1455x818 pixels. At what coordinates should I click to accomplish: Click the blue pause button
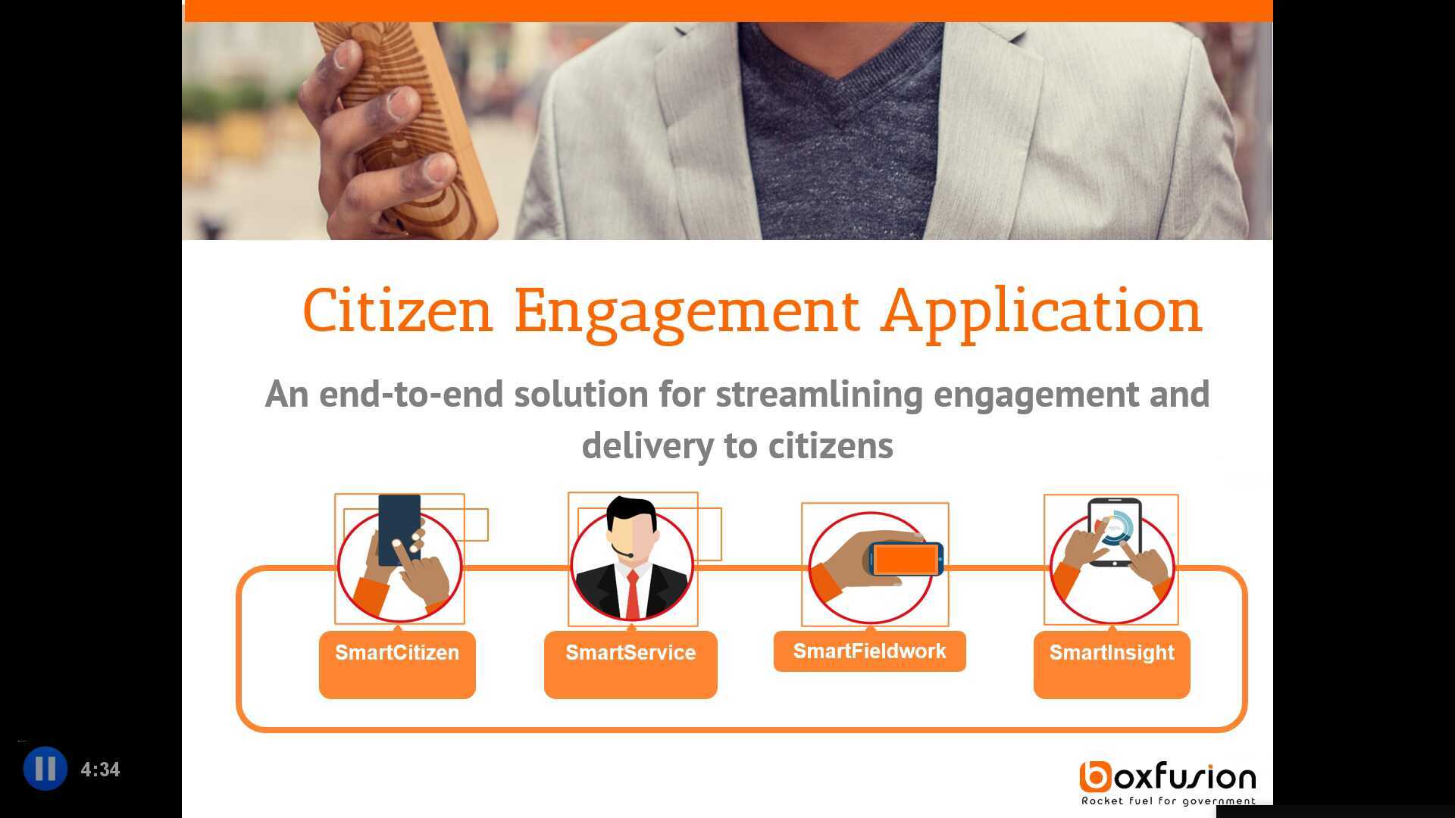click(x=45, y=769)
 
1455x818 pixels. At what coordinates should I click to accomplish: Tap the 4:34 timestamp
click(x=100, y=770)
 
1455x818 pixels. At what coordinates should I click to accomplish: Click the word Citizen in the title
click(x=398, y=311)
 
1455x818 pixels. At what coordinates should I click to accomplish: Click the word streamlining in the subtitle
click(x=819, y=395)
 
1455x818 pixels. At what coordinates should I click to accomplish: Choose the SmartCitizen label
click(x=397, y=653)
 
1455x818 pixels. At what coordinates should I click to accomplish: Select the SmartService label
click(x=630, y=653)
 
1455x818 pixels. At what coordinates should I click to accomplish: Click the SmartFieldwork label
click(x=870, y=651)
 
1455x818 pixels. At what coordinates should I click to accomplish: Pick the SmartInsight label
click(x=1112, y=653)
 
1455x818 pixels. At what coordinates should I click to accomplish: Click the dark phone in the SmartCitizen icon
click(x=399, y=529)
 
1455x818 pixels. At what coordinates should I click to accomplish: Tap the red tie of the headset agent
click(x=632, y=594)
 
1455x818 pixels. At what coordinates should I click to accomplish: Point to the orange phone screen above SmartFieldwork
click(x=906, y=560)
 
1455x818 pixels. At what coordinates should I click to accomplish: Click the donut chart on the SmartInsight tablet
click(x=1115, y=528)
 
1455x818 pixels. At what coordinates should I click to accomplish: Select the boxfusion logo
click(x=1168, y=778)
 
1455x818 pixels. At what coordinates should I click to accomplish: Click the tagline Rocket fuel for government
click(x=1168, y=801)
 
